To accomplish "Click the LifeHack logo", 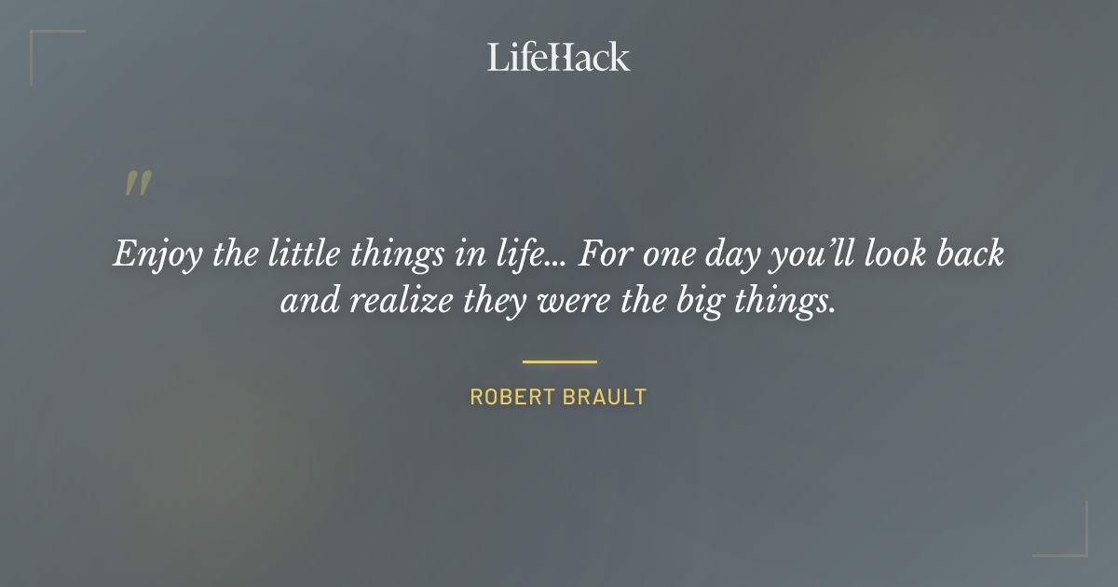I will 559,57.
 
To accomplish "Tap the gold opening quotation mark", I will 137,184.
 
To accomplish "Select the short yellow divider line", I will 559,362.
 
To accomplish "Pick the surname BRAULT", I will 604,398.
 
